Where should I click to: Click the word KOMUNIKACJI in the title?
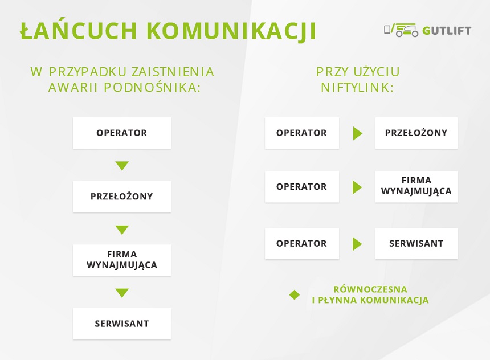[x=231, y=31]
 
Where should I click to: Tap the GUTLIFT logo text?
[x=447, y=31]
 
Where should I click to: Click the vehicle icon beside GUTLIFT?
[x=401, y=30]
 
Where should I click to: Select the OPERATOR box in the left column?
[x=122, y=133]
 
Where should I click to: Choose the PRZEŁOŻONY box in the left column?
[x=122, y=197]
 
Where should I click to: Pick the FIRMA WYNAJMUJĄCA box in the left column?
[x=122, y=260]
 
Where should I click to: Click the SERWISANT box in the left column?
[x=122, y=324]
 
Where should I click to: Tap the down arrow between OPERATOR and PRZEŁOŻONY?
[x=122, y=165]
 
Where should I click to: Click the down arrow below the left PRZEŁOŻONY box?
[x=122, y=230]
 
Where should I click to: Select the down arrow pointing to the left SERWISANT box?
[x=122, y=293]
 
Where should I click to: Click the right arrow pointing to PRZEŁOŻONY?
[x=357, y=133]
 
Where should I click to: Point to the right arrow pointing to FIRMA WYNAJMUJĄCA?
[x=357, y=187]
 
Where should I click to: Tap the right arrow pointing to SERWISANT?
[x=357, y=244]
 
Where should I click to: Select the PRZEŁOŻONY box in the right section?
[x=416, y=133]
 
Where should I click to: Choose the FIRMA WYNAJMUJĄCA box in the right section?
[x=416, y=187]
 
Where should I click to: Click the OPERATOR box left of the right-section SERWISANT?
[x=302, y=243]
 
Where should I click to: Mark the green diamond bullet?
[x=295, y=294]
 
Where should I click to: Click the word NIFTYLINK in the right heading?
[x=357, y=88]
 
